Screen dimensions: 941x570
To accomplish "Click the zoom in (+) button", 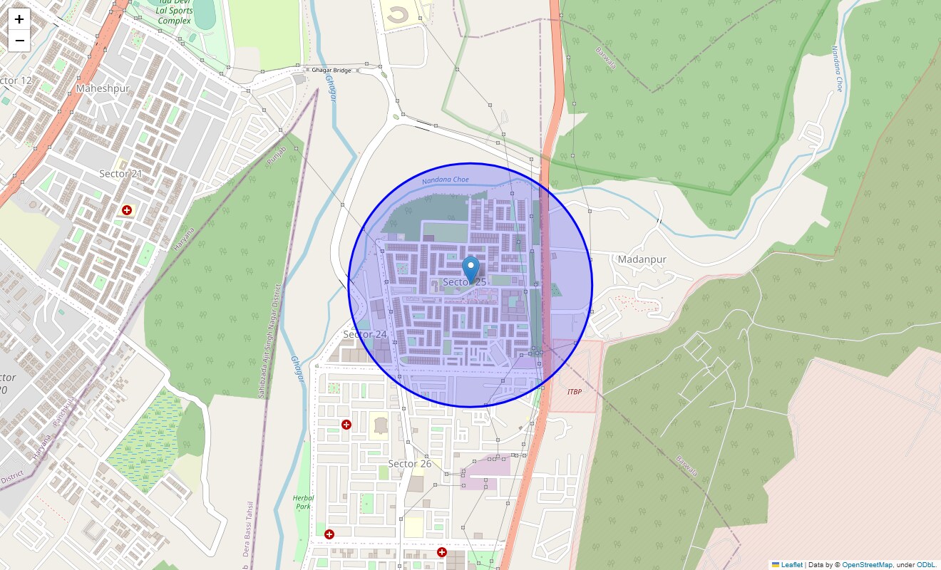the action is tap(19, 19).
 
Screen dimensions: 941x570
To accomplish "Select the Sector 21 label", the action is tap(120, 174).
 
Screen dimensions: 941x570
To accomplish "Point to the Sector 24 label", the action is tap(365, 334).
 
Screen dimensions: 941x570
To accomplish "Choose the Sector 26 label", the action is tap(409, 464).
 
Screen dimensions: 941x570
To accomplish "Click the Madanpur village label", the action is tap(642, 259).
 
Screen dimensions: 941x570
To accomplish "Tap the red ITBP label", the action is tap(574, 392).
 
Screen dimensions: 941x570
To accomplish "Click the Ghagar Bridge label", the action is tap(331, 71).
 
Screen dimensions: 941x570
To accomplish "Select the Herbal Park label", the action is tap(303, 502).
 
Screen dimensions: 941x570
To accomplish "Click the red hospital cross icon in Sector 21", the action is tap(127, 210).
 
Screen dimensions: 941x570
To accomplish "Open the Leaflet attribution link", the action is tap(792, 564).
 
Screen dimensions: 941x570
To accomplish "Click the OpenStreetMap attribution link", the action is tap(867, 564).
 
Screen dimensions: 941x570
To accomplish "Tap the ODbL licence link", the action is tap(926, 564).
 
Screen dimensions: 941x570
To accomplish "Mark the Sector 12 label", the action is tap(16, 81).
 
